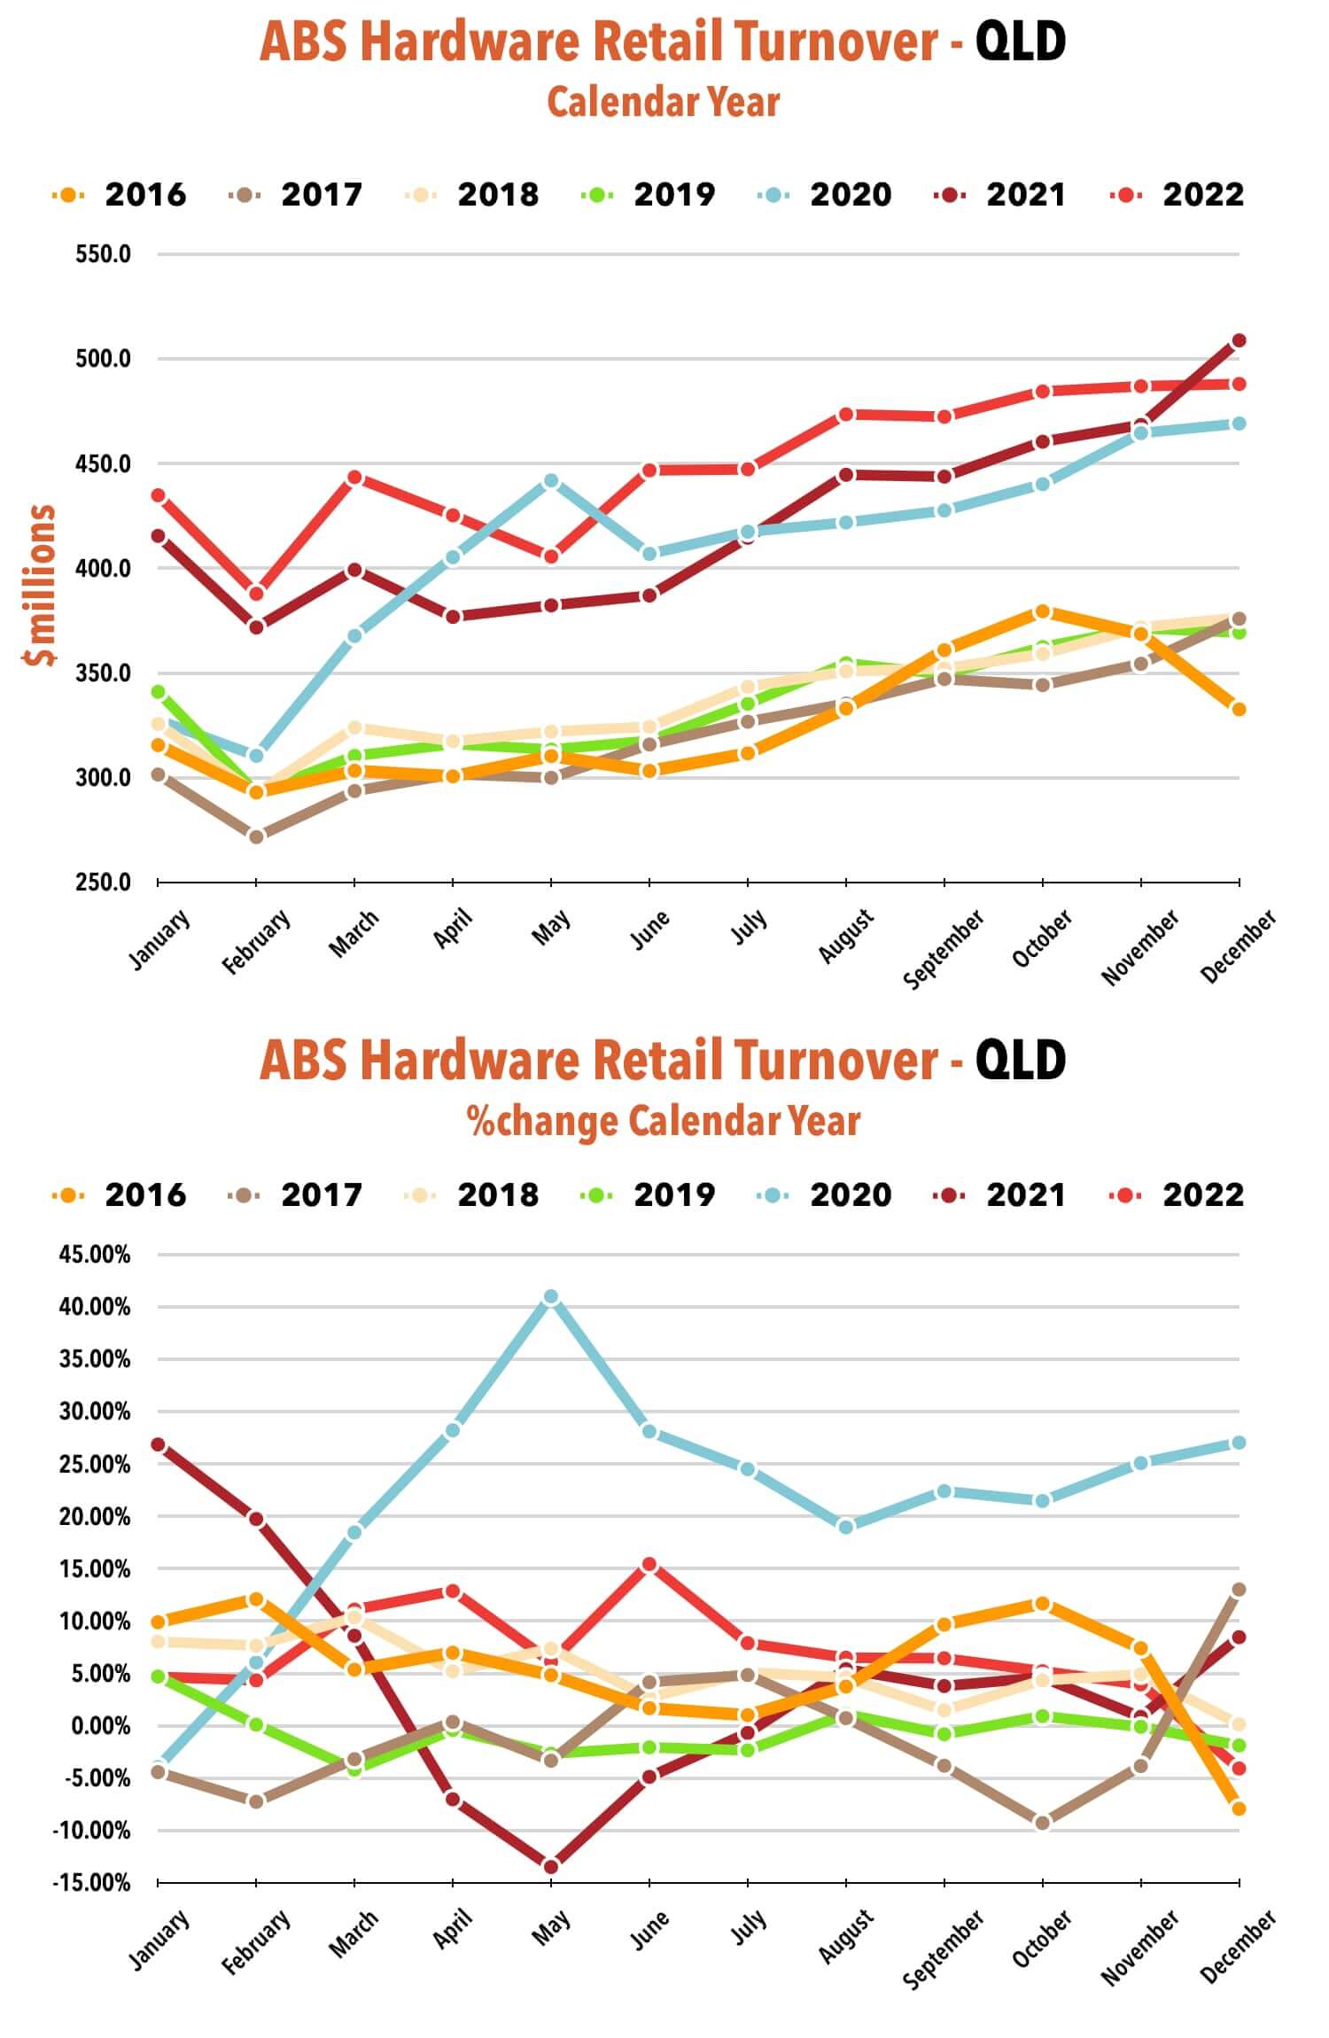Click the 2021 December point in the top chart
pos(1239,340)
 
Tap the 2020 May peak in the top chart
pos(551,480)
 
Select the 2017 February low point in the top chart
pos(256,836)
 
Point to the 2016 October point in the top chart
pos(1042,611)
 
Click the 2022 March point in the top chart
pos(354,477)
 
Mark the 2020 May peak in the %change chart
pos(551,1296)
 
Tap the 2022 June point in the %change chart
pos(649,1565)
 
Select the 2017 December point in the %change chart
pos(1239,1590)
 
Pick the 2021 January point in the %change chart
pos(159,1444)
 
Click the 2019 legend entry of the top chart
pos(649,195)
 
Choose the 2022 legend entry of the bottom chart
pos(1178,1195)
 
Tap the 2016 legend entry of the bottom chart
pos(120,1195)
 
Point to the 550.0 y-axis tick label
pos(103,254)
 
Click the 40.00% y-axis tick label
pos(94,1307)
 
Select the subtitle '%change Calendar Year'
pos(664,1121)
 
